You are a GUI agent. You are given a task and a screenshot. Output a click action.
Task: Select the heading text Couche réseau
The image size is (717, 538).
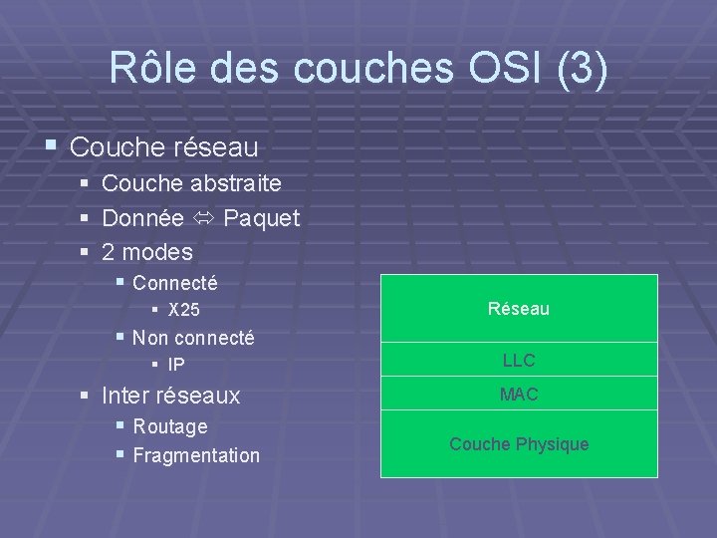pos(165,147)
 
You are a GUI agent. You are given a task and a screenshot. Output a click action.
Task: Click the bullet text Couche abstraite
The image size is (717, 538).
pos(191,183)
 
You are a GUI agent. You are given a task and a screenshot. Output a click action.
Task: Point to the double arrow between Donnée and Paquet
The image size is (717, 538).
pos(203,217)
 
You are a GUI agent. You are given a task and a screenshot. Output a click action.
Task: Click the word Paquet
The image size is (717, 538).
pos(262,217)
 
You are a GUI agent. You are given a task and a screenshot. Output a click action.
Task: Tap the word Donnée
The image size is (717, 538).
pos(142,217)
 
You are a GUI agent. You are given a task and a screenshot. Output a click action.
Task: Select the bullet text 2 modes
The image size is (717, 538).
pos(147,251)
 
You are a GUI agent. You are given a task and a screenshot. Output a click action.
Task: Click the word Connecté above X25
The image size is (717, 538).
pos(175,283)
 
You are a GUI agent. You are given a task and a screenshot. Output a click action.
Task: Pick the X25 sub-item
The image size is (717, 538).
pos(183,310)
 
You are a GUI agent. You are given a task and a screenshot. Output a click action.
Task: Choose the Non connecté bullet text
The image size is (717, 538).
pos(193,338)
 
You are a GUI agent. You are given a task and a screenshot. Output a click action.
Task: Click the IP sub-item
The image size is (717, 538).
pos(175,365)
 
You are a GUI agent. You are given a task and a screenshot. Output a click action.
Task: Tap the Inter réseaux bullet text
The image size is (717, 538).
pos(171,396)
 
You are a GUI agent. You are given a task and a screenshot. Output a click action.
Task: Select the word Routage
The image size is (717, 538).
pos(170,426)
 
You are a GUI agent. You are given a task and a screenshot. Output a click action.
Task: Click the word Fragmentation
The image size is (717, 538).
pos(196,455)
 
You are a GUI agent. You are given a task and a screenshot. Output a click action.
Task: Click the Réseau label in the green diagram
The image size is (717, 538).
pos(519,309)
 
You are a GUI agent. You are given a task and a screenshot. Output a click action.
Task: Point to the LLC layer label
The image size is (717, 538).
pos(519,360)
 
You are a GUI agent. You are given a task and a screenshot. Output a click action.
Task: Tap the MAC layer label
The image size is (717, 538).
pos(519,395)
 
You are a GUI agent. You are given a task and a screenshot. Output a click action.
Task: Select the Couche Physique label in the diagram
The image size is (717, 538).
pos(519,443)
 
